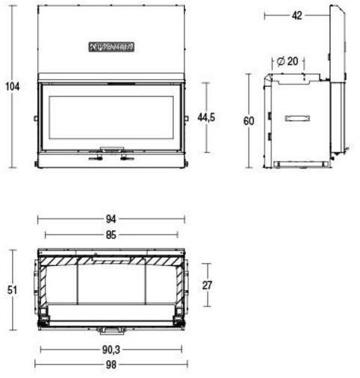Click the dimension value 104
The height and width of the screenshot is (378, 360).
tap(11, 86)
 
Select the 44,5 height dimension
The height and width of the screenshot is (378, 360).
tap(207, 117)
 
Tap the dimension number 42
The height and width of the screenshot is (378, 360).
tap(297, 15)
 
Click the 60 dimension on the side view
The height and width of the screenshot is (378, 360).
tap(249, 120)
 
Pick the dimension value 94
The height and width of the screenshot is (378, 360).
tap(111, 219)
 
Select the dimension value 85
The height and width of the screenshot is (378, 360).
tap(111, 234)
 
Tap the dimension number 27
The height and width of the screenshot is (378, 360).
tap(208, 284)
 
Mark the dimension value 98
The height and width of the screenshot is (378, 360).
tap(111, 364)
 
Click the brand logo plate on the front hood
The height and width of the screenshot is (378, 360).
tap(111, 46)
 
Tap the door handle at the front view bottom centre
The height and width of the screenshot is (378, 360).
tap(111, 149)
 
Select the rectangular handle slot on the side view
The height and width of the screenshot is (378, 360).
tap(297, 118)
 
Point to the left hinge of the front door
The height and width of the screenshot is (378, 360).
tap(35, 117)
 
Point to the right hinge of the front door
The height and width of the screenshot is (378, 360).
tap(186, 117)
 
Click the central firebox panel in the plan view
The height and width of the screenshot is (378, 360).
tap(111, 284)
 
